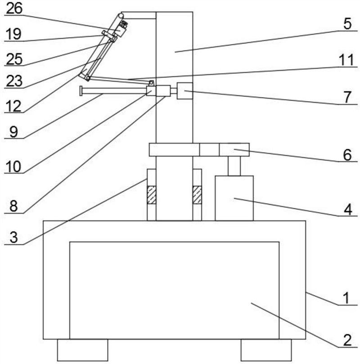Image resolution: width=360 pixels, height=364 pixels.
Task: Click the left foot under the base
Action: click(x=82, y=350)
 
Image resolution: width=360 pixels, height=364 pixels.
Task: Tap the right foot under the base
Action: click(x=266, y=350)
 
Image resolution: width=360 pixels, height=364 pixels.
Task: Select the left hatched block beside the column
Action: click(x=152, y=195)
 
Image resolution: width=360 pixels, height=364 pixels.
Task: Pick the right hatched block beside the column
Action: click(x=197, y=195)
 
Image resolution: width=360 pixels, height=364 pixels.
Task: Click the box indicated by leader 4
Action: click(x=234, y=198)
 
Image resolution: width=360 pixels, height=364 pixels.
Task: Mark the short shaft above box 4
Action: click(x=234, y=166)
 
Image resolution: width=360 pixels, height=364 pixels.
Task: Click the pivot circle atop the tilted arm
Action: click(x=121, y=15)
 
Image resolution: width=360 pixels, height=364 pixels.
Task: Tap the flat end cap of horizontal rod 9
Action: click(x=81, y=91)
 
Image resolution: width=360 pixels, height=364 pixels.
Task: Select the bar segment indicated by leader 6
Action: click(x=234, y=149)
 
